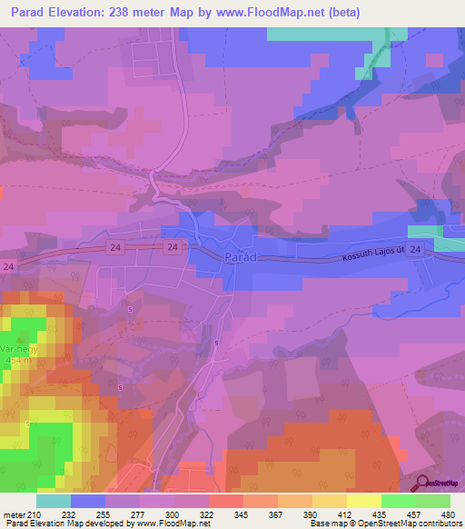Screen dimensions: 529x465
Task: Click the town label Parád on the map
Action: (x=240, y=257)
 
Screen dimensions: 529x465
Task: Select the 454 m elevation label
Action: (x=20, y=361)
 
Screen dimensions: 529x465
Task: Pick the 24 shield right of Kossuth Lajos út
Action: (x=415, y=248)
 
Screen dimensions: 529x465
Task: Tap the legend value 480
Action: (x=448, y=514)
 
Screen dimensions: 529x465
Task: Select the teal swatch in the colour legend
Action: (x=54, y=501)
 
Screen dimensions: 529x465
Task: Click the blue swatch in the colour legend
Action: (x=88, y=501)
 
